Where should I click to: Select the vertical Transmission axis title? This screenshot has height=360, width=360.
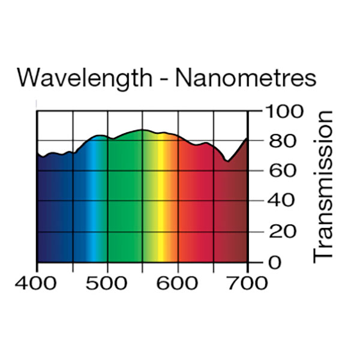point(323,185)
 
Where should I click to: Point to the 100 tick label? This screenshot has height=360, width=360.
point(286,112)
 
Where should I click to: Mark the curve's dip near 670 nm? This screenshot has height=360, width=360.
point(227,161)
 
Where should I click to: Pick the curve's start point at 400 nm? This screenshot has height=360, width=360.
point(37,154)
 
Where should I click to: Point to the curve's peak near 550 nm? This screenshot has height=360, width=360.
point(142,130)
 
